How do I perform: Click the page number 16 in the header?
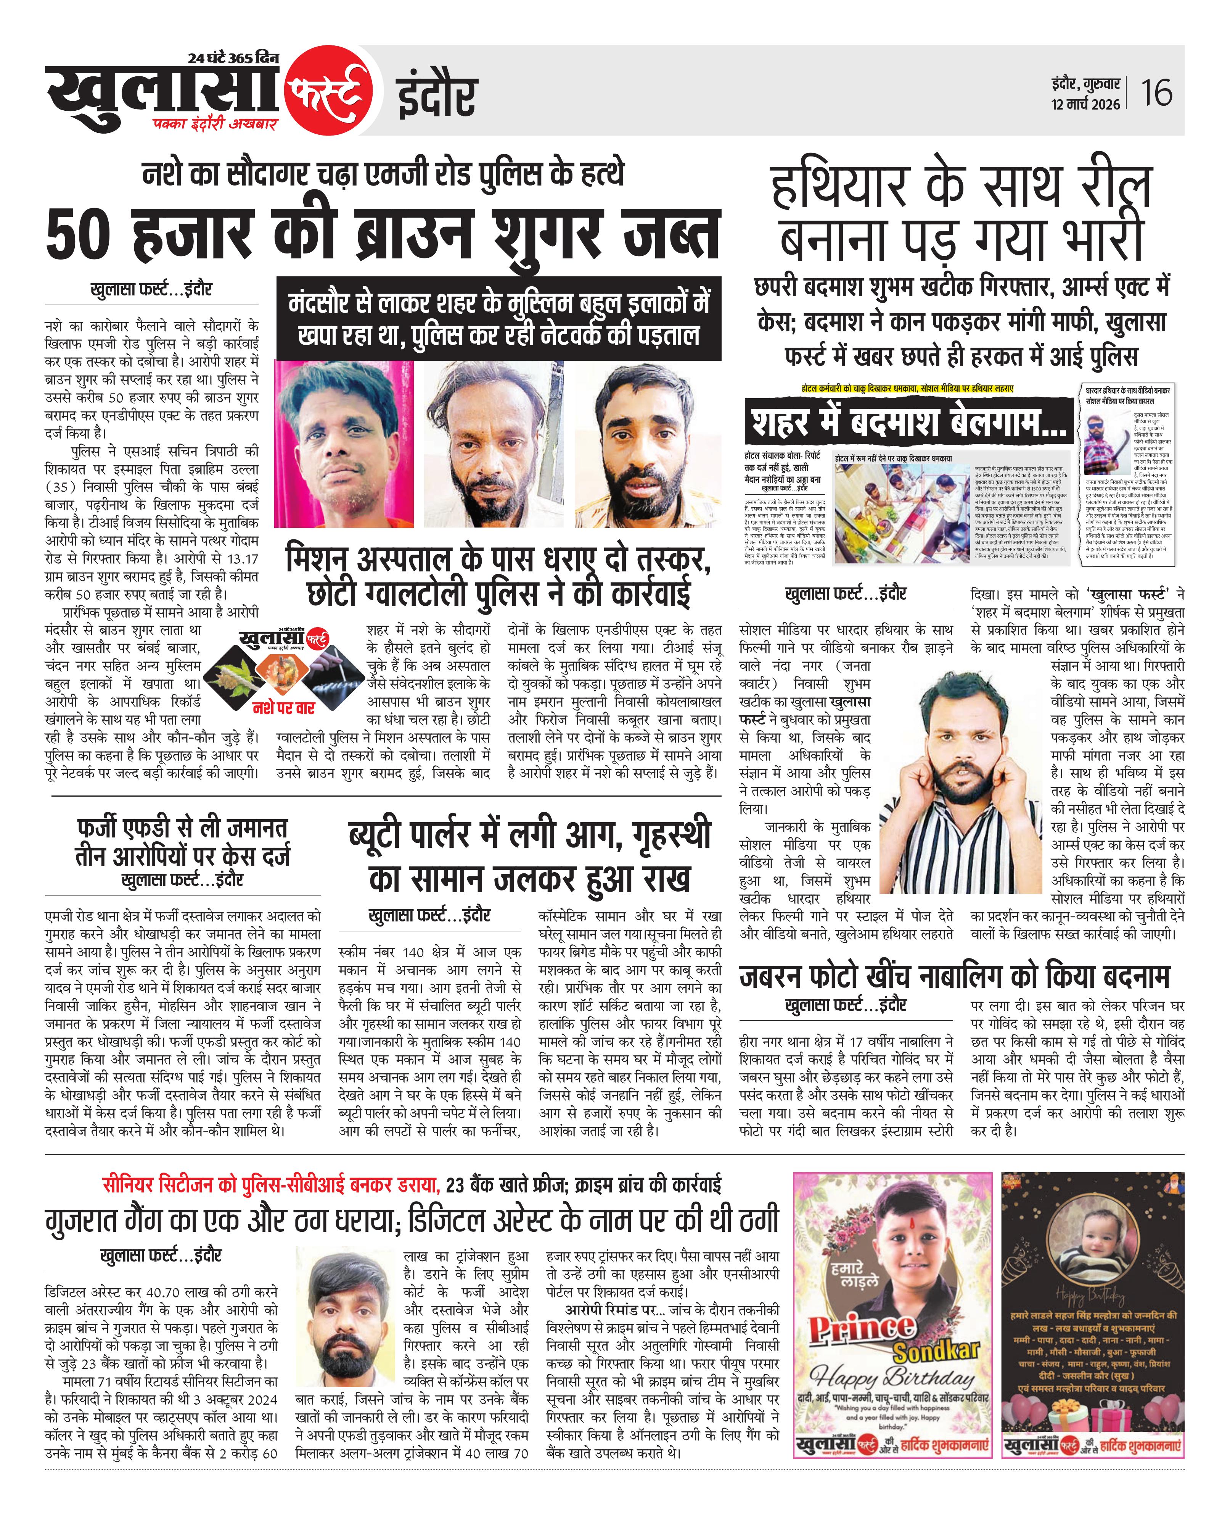coord(1156,93)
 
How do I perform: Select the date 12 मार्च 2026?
coord(1085,104)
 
